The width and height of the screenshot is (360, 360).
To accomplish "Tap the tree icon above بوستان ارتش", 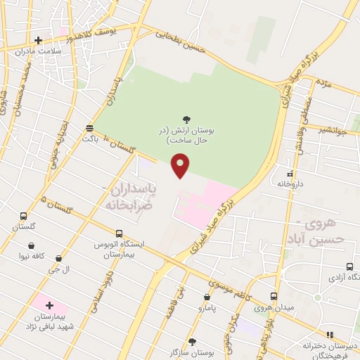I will [186, 120].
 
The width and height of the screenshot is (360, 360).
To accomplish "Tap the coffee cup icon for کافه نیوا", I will [32, 246].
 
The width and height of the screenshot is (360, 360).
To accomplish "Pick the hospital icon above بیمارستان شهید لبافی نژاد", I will [49, 305].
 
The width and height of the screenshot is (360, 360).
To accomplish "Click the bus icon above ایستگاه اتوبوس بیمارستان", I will [119, 233].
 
